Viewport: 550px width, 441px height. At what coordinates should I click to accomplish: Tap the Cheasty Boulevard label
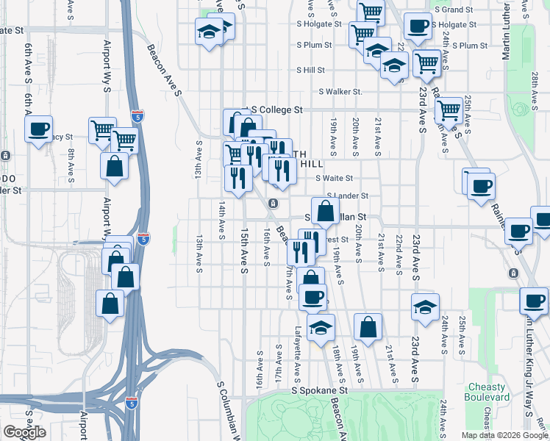click(x=488, y=392)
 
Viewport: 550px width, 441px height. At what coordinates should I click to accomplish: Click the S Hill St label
click(x=310, y=71)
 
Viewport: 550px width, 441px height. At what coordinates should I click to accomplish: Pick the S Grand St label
click(x=454, y=10)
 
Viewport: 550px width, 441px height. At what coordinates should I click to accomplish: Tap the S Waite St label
click(x=335, y=178)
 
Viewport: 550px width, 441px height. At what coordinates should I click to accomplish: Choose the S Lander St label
click(x=348, y=196)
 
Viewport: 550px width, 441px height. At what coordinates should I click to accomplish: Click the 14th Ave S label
click(x=221, y=221)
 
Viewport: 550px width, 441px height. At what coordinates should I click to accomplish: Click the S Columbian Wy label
click(x=231, y=408)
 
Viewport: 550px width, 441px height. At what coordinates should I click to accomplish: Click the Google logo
click(x=24, y=432)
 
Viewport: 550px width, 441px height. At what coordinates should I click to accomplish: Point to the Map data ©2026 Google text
click(x=504, y=435)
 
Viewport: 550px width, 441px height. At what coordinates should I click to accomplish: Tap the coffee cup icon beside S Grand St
click(x=418, y=26)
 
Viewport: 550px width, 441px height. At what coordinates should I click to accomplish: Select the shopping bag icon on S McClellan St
click(x=325, y=211)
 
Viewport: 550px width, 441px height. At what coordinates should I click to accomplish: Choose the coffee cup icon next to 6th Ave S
click(x=38, y=129)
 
